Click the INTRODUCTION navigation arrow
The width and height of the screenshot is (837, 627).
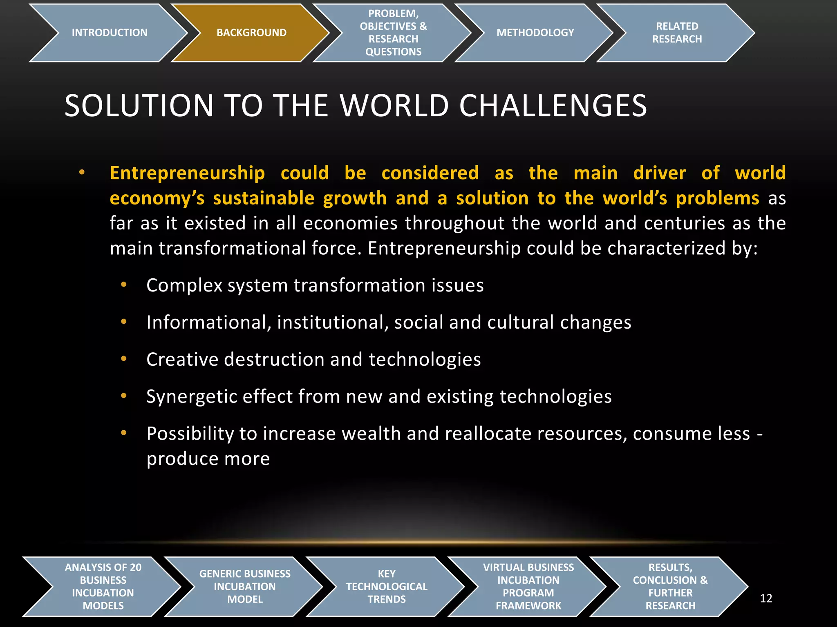pyautogui.click(x=109, y=33)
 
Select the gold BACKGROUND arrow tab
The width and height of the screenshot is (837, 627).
pyautogui.click(x=251, y=33)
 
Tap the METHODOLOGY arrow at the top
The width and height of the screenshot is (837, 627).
pyautogui.click(x=535, y=33)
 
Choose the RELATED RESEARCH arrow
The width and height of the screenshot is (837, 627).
pyautogui.click(x=677, y=33)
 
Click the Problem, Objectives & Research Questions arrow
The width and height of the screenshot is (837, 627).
pyautogui.click(x=393, y=33)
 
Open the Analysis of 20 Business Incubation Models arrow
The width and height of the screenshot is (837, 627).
pyautogui.click(x=103, y=586)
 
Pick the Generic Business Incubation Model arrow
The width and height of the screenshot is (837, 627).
pyautogui.click(x=245, y=586)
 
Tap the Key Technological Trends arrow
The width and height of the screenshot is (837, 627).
pyautogui.click(x=387, y=586)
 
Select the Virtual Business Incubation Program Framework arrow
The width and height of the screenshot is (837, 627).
pyautogui.click(x=528, y=586)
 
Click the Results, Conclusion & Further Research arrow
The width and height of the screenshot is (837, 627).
pyautogui.click(x=670, y=586)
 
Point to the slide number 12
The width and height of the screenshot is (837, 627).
pyautogui.click(x=766, y=598)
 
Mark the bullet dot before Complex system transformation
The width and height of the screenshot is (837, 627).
pyautogui.click(x=124, y=285)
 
